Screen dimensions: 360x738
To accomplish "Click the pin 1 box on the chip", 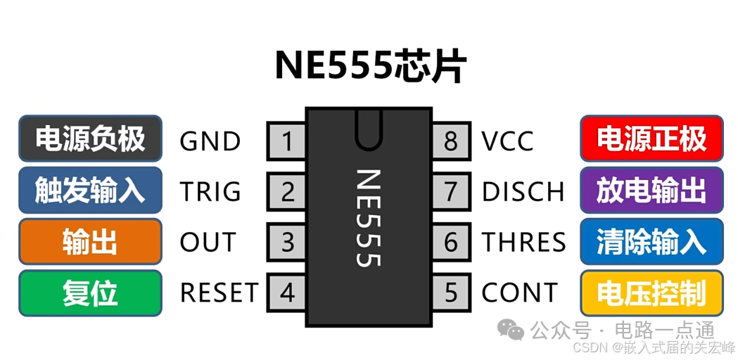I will pos(286,141).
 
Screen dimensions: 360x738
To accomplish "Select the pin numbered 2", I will pos(286,191).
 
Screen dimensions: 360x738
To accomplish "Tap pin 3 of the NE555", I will pos(286,242).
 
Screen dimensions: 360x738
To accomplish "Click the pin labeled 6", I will pos(450,242).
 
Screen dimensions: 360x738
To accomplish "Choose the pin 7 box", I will pos(450,191).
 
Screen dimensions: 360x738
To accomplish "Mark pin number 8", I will pos(450,141).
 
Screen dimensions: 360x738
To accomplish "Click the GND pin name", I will pos(210,141).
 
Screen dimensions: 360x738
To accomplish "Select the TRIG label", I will pos(210,191).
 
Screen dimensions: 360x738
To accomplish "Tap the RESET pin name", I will pos(219,292).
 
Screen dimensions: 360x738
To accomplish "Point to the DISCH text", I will pos(523,191).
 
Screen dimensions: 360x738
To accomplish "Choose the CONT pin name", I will pos(520,292).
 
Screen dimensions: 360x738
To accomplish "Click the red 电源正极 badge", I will pos(651,139).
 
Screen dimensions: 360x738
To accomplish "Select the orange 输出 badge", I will pos(90,241).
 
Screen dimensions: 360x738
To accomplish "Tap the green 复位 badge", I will pos(90,292).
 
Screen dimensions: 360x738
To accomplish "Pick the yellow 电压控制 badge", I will pos(651,292).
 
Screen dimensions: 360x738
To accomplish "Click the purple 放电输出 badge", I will pos(651,191).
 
